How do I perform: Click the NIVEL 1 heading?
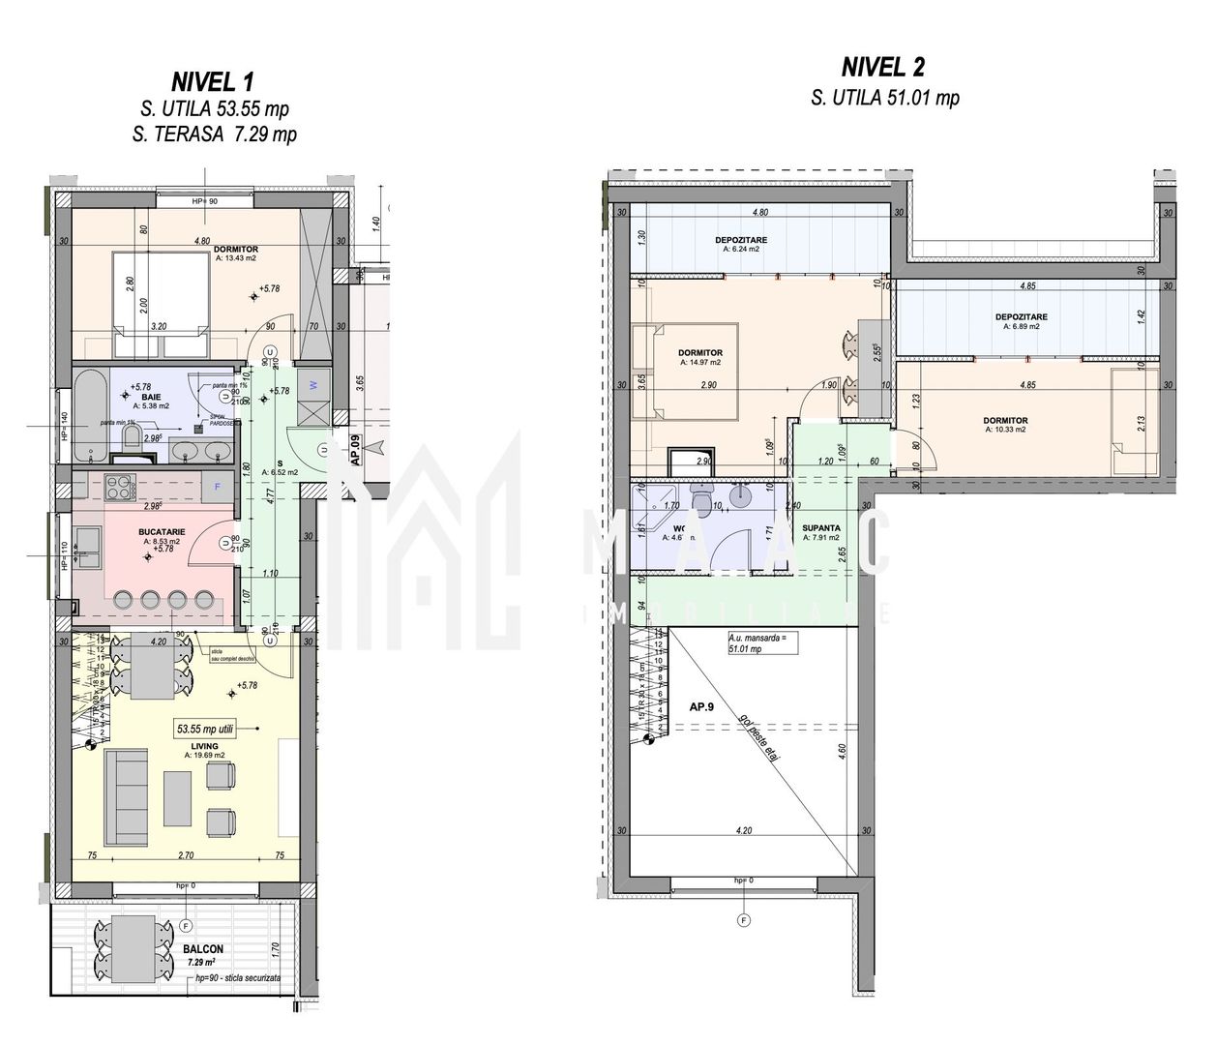click(214, 80)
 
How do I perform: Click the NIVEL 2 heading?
click(882, 67)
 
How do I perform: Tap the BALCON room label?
click(203, 949)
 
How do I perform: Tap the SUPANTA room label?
click(821, 528)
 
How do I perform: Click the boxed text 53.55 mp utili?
click(214, 727)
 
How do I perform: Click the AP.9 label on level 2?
click(702, 706)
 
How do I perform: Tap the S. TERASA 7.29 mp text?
click(214, 134)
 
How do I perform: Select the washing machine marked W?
click(313, 384)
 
